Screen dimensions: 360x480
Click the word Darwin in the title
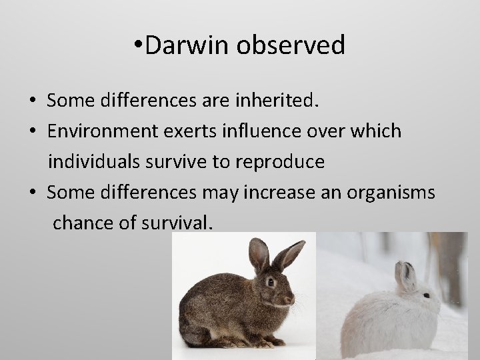(181, 45)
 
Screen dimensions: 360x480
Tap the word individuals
(101, 162)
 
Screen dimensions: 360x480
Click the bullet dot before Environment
(32, 132)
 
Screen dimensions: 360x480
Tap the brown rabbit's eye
(271, 282)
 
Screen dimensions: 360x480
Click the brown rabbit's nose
(291, 299)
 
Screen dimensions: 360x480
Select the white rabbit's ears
(405, 273)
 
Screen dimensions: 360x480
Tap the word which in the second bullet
(377, 131)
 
